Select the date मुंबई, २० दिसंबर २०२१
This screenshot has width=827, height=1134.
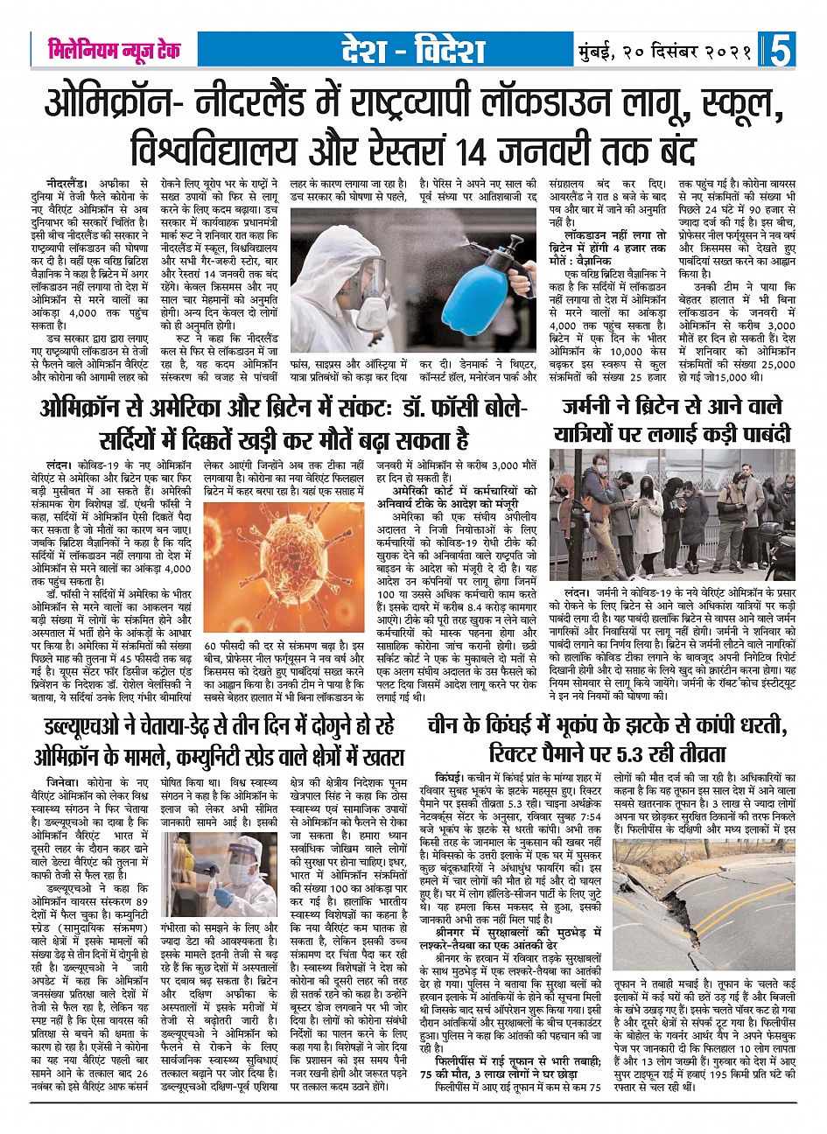coord(664,51)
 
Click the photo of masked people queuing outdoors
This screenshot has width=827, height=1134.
coord(672,515)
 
